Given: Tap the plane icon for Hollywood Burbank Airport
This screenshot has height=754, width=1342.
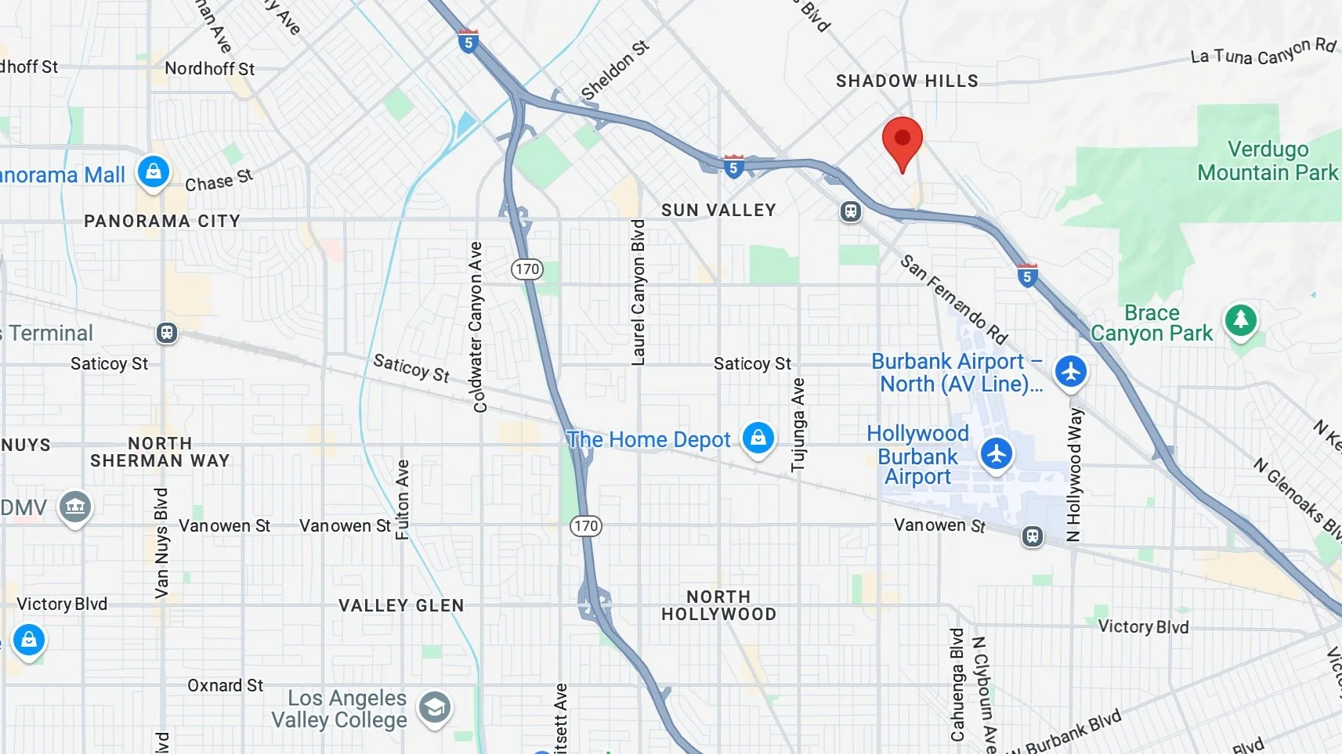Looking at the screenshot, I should pos(996,453).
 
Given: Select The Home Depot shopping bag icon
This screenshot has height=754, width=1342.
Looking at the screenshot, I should pos(758,438).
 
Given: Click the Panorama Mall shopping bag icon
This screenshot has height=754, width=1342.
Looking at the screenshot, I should pos(154,171).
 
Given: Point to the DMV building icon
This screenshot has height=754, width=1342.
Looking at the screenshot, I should pos(75,507).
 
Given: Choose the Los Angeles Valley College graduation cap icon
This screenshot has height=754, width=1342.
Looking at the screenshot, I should pos(434,709).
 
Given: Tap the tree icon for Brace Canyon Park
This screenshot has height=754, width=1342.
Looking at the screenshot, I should pos(1240,319).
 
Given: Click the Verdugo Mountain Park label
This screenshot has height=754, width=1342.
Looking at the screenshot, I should pos(1268,161).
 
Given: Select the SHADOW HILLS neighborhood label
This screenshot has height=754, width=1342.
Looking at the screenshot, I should pos(906,81).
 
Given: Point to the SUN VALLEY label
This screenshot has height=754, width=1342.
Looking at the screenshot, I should pos(718,210).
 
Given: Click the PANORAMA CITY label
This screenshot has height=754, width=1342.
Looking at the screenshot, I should pos(162,221).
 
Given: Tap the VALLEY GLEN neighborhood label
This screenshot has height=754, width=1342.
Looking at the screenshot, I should pos(401,605).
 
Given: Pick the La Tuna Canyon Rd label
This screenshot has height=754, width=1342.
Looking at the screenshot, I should pos(1263,52).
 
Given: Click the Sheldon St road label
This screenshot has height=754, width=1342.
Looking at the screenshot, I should pos(615,70).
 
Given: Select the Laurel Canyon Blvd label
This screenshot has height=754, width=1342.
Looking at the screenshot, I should pos(638,292).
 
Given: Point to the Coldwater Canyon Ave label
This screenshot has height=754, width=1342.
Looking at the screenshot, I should pos(476,326).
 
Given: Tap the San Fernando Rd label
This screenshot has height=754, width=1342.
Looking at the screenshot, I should pos(953,299).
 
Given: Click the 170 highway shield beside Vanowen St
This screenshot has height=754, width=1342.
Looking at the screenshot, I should pos(586,526).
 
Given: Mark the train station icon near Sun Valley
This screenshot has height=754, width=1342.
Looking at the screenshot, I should pos(851,211).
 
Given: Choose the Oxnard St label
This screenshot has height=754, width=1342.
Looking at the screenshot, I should pos(225,685).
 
